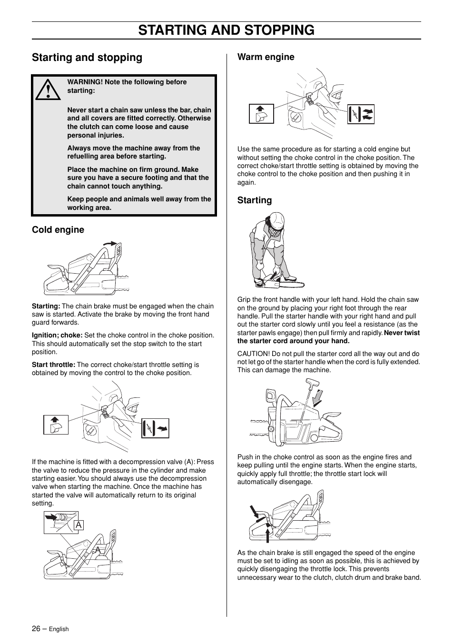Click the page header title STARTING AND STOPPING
point(227,30)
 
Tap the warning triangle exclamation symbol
point(48,90)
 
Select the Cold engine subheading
point(58,230)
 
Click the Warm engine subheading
point(266,57)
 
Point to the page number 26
point(36,628)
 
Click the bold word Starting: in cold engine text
point(46,307)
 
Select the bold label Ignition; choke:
point(57,336)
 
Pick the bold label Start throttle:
point(53,365)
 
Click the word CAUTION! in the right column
point(253,354)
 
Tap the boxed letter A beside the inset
point(79,525)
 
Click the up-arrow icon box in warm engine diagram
point(261,114)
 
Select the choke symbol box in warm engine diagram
point(361,114)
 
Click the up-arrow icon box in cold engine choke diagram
point(56,425)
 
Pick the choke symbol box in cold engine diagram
point(155,428)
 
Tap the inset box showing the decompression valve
point(61,522)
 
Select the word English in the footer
point(59,629)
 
